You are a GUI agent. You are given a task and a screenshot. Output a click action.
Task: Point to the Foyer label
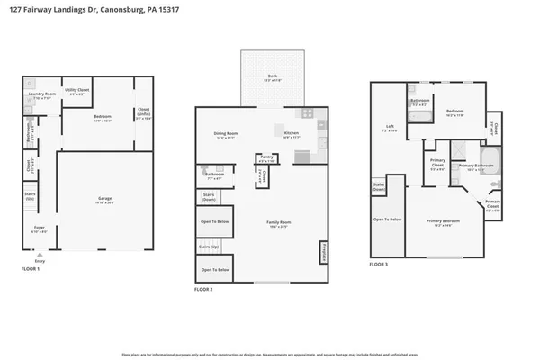click(39, 228)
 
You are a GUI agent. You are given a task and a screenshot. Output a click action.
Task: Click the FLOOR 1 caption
click(31, 268)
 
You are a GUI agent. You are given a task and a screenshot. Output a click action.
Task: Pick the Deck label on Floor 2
click(273, 76)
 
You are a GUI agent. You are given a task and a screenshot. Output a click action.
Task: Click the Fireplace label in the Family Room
click(323, 251)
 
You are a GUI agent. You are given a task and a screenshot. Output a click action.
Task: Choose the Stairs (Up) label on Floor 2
click(209, 246)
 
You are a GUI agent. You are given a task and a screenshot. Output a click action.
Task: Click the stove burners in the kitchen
click(307, 113)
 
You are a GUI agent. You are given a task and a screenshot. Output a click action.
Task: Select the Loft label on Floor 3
click(390, 126)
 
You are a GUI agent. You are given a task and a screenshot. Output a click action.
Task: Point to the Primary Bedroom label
click(443, 220)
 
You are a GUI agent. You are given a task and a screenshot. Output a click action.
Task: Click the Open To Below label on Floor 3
click(389, 220)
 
